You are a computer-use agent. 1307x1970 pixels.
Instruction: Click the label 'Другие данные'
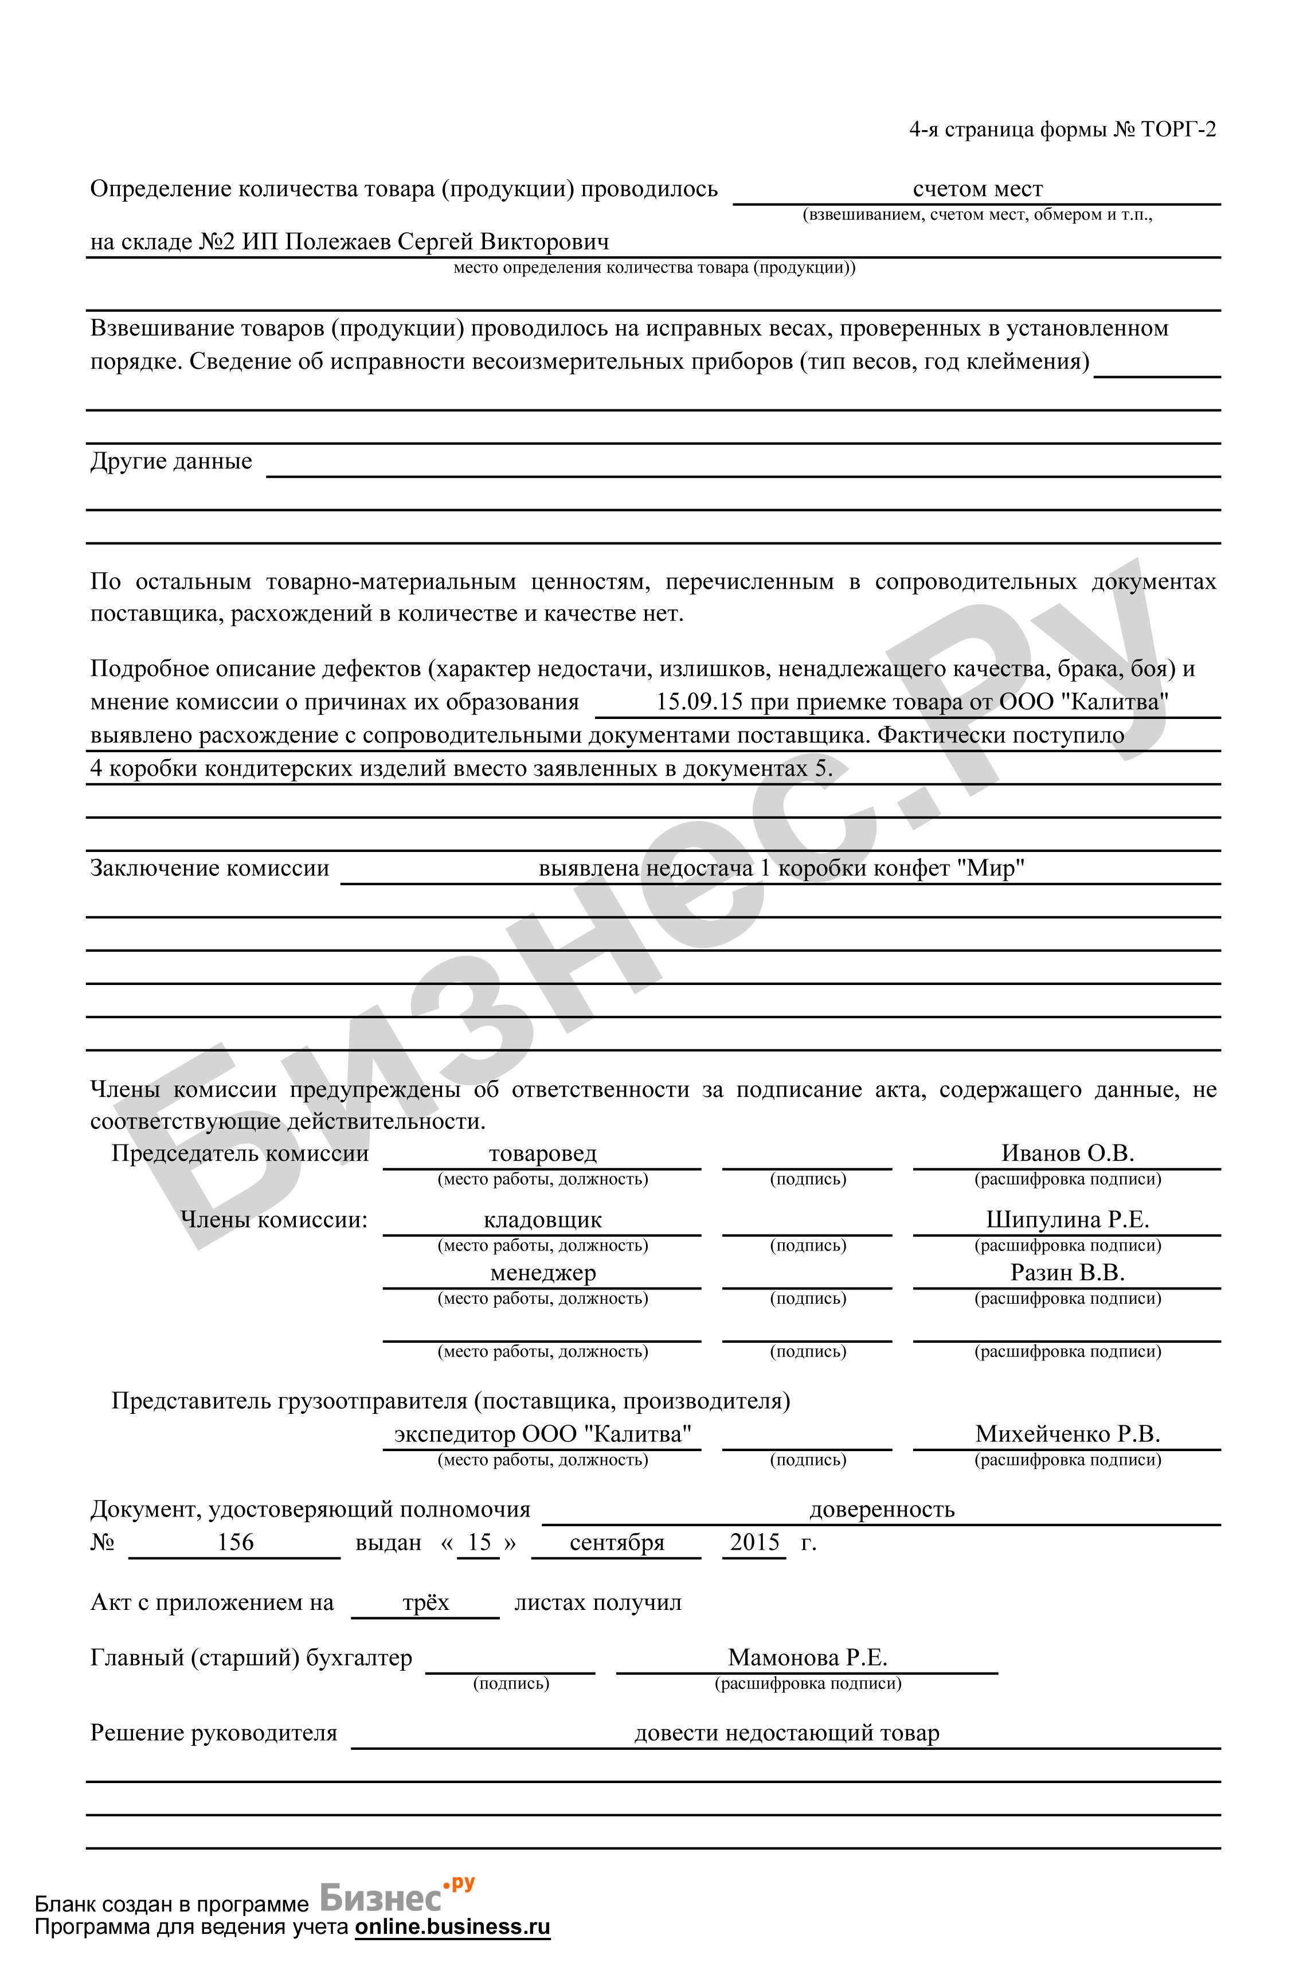pos(171,461)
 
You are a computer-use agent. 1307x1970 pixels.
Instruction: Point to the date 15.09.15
pos(699,701)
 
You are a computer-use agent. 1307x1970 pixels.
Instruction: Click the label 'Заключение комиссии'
pos(209,868)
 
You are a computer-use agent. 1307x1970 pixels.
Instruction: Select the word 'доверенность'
pos(881,1509)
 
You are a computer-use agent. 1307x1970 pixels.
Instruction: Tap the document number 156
pos(235,1542)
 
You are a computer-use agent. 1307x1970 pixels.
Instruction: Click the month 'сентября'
pos(617,1542)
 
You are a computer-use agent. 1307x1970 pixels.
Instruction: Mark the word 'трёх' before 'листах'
pos(425,1602)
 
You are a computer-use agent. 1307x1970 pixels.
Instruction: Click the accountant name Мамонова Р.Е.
pos(807,1658)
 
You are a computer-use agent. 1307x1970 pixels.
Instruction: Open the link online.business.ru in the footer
pos(453,1926)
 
